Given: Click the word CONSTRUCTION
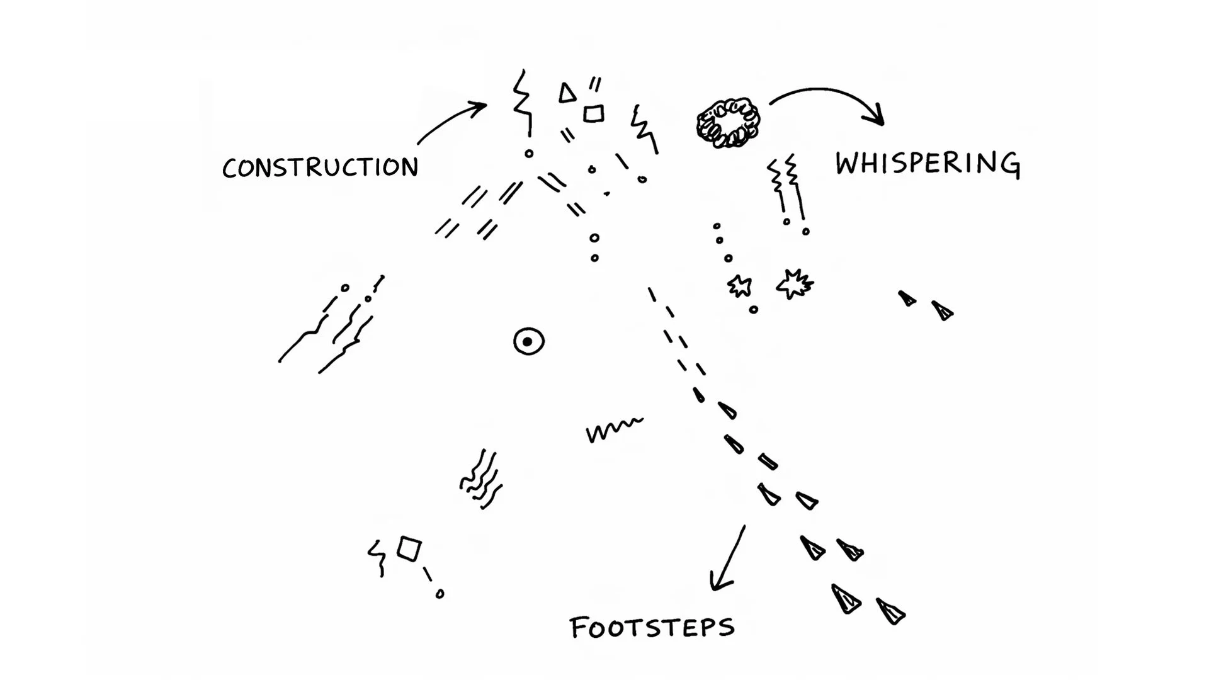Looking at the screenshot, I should click(x=320, y=167).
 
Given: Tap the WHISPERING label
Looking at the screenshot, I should click(x=927, y=164).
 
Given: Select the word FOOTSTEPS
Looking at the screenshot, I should click(x=652, y=628).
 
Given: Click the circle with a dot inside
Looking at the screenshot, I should click(x=528, y=342).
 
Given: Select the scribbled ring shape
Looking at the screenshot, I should click(x=728, y=123).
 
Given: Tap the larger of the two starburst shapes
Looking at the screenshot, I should click(x=795, y=283).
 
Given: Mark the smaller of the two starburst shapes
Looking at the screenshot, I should click(x=739, y=286).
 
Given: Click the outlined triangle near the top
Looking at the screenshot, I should click(x=567, y=94).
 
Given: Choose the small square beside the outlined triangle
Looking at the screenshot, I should click(x=593, y=114).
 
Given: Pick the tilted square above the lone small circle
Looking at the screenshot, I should click(x=409, y=548).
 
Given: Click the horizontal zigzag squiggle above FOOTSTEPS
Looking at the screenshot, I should click(x=614, y=429).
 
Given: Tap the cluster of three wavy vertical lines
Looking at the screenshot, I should click(x=481, y=480).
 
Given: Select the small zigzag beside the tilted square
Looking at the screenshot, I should click(x=378, y=557).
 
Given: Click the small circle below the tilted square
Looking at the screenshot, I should click(x=440, y=594).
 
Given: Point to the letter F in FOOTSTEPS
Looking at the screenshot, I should click(x=577, y=628).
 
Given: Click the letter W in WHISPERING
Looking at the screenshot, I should click(x=849, y=164).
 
